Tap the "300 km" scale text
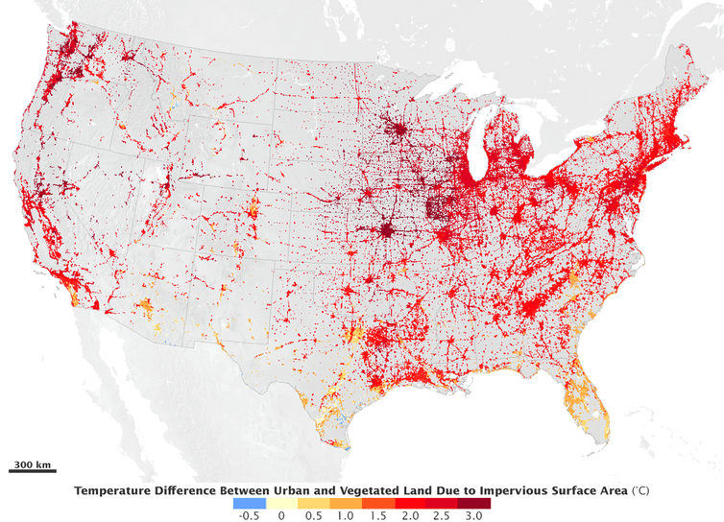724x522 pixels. [x=33, y=464]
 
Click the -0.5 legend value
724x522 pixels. [x=248, y=515]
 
